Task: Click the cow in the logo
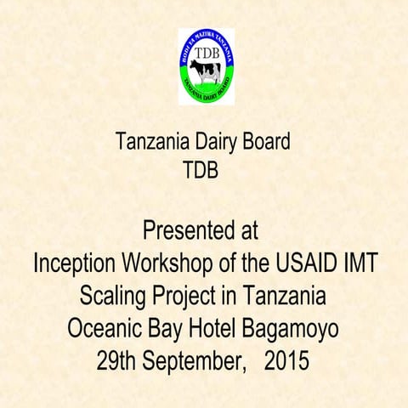(205, 72)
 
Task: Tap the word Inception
(74, 263)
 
